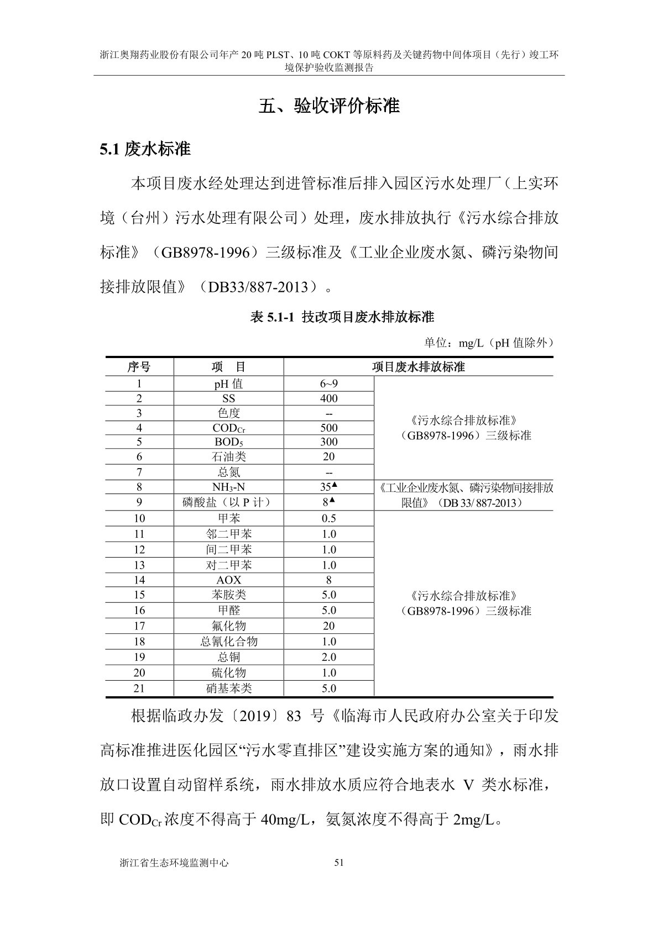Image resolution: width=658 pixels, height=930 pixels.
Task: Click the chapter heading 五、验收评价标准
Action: tap(329, 106)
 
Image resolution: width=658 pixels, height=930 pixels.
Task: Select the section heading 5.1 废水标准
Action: tap(145, 149)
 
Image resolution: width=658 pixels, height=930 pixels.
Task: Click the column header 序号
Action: tap(139, 367)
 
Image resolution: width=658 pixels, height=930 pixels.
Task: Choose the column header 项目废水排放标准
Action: tap(418, 367)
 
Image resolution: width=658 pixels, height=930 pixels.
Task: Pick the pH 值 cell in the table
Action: tap(228, 383)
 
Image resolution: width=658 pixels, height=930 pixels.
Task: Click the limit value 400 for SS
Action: tap(328, 398)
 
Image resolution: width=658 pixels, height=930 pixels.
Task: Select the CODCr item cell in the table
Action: tap(228, 428)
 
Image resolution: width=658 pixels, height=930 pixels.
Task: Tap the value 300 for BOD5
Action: tap(328, 442)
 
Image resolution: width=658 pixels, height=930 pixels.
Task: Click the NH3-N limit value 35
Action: tap(326, 487)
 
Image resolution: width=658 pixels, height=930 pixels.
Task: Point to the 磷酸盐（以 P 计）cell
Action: tap(228, 502)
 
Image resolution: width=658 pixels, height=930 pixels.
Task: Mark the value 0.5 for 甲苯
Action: tap(328, 518)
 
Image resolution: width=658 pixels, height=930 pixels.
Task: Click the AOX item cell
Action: tap(228, 580)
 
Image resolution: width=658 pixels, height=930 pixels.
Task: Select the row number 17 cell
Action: tap(139, 626)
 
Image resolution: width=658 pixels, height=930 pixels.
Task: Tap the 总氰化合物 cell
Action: tap(228, 642)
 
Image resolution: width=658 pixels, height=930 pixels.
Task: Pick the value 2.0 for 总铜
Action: tap(328, 657)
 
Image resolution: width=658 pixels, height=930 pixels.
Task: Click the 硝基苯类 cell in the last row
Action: tap(228, 689)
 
